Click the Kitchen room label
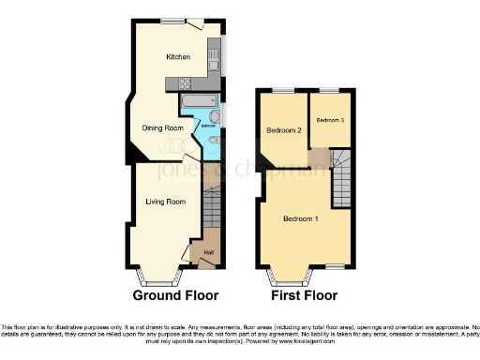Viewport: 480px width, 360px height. pos(178,57)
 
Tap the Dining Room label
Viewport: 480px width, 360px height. pos(162,127)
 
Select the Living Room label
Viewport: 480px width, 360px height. pos(165,201)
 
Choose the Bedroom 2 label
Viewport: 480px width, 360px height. pos(283,130)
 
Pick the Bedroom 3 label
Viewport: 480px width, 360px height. pos(331,120)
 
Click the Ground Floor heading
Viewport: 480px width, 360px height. pos(177,295)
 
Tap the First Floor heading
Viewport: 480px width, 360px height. pos(305,295)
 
